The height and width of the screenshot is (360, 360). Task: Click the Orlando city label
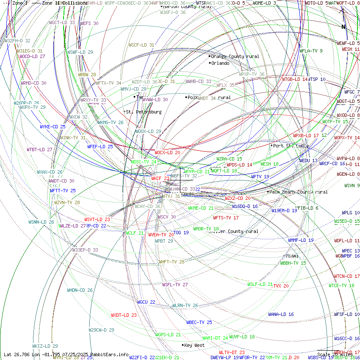click(220, 64)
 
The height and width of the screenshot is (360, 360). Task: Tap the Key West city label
click(194, 345)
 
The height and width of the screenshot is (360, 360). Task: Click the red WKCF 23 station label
click(161, 179)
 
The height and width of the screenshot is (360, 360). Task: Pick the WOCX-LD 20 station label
click(167, 152)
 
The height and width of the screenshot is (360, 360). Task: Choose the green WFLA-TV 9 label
click(311, 51)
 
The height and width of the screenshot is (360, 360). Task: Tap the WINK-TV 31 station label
click(72, 138)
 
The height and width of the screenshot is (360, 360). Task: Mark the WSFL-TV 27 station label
click(175, 285)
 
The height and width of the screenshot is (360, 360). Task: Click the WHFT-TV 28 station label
click(172, 262)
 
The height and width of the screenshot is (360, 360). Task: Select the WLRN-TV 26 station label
click(185, 305)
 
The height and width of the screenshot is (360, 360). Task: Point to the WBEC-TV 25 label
click(199, 322)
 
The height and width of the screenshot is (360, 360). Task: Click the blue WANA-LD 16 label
click(281, 315)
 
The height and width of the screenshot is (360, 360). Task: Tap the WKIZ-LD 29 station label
click(45, 346)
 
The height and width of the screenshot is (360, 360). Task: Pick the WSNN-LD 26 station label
click(41, 222)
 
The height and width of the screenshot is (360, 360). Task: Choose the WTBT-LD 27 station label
click(39, 150)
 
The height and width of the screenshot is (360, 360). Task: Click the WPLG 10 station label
click(351, 213)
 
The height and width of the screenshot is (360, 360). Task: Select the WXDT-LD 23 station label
click(124, 315)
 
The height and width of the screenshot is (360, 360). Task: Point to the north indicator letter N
click(344, 27)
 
